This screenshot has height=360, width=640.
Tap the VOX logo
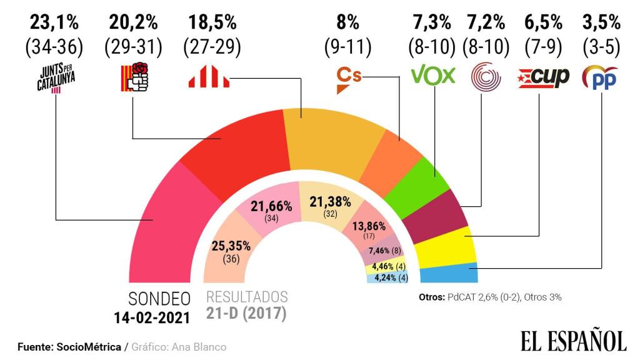(432, 76)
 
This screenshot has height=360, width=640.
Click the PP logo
(601, 77)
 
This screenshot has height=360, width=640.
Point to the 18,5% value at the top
(212, 24)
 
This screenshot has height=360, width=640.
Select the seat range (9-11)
(348, 46)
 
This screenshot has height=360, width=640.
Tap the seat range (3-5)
(601, 46)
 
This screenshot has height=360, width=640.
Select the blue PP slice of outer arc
(449, 273)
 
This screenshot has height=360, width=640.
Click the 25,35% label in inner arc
(230, 246)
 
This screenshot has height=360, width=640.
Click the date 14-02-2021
(151, 317)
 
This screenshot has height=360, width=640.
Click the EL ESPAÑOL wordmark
(573, 341)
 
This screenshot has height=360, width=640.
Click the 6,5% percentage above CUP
(542, 24)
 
